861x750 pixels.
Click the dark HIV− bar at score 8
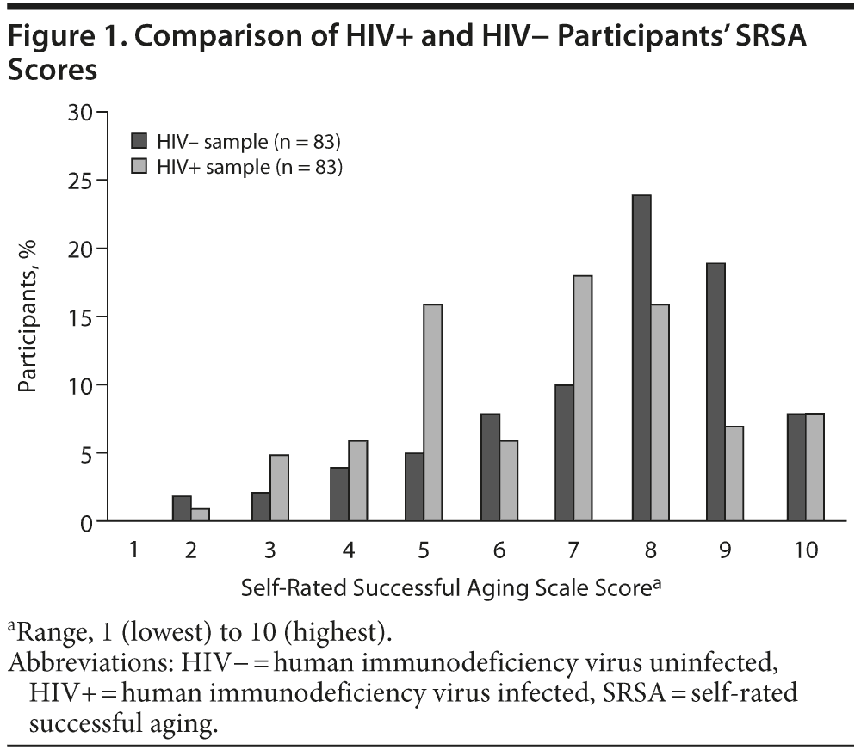(x=641, y=358)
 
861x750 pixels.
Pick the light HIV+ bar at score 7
(x=582, y=398)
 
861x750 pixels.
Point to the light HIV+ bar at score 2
(x=200, y=514)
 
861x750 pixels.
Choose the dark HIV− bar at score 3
(x=261, y=507)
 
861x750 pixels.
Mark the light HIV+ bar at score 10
(x=815, y=467)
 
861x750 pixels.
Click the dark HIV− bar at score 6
(x=489, y=467)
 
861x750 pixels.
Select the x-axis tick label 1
(x=134, y=549)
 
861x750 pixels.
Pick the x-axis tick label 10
(x=806, y=549)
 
